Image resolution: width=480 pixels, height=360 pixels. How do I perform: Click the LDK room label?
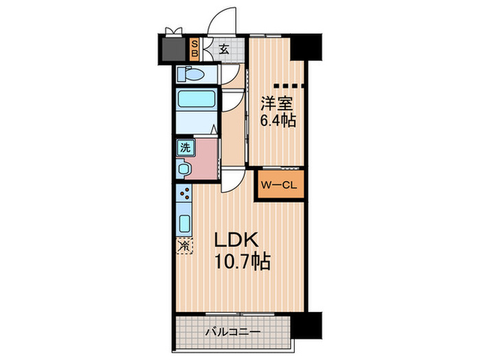tap(236, 240)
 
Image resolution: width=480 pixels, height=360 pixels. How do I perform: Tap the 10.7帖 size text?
tap(242, 261)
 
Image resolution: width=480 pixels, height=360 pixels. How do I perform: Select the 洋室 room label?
tap(276, 104)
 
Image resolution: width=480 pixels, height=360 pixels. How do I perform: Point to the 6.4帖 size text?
tap(278, 120)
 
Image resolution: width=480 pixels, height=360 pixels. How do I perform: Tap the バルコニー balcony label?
tap(232, 332)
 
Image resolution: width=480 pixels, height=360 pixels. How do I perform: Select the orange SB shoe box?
tap(195, 49)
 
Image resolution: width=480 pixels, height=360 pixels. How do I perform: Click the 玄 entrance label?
tap(224, 49)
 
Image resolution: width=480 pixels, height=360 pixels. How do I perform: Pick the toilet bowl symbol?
tap(191, 74)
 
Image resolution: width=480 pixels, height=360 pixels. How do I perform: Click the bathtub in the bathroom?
tap(197, 99)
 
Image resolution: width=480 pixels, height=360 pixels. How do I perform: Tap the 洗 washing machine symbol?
tap(185, 148)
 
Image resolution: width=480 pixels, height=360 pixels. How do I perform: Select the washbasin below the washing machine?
tap(184, 169)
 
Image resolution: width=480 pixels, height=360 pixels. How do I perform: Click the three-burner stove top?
tap(184, 193)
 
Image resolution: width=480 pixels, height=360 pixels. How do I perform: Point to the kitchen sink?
tap(184, 224)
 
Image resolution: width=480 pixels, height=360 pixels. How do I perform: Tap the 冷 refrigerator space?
tap(184, 245)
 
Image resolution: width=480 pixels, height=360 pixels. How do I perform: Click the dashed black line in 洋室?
tap(289, 86)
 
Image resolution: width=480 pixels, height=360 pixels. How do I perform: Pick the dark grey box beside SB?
tap(173, 49)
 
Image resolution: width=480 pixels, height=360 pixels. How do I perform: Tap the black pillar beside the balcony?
tap(306, 325)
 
